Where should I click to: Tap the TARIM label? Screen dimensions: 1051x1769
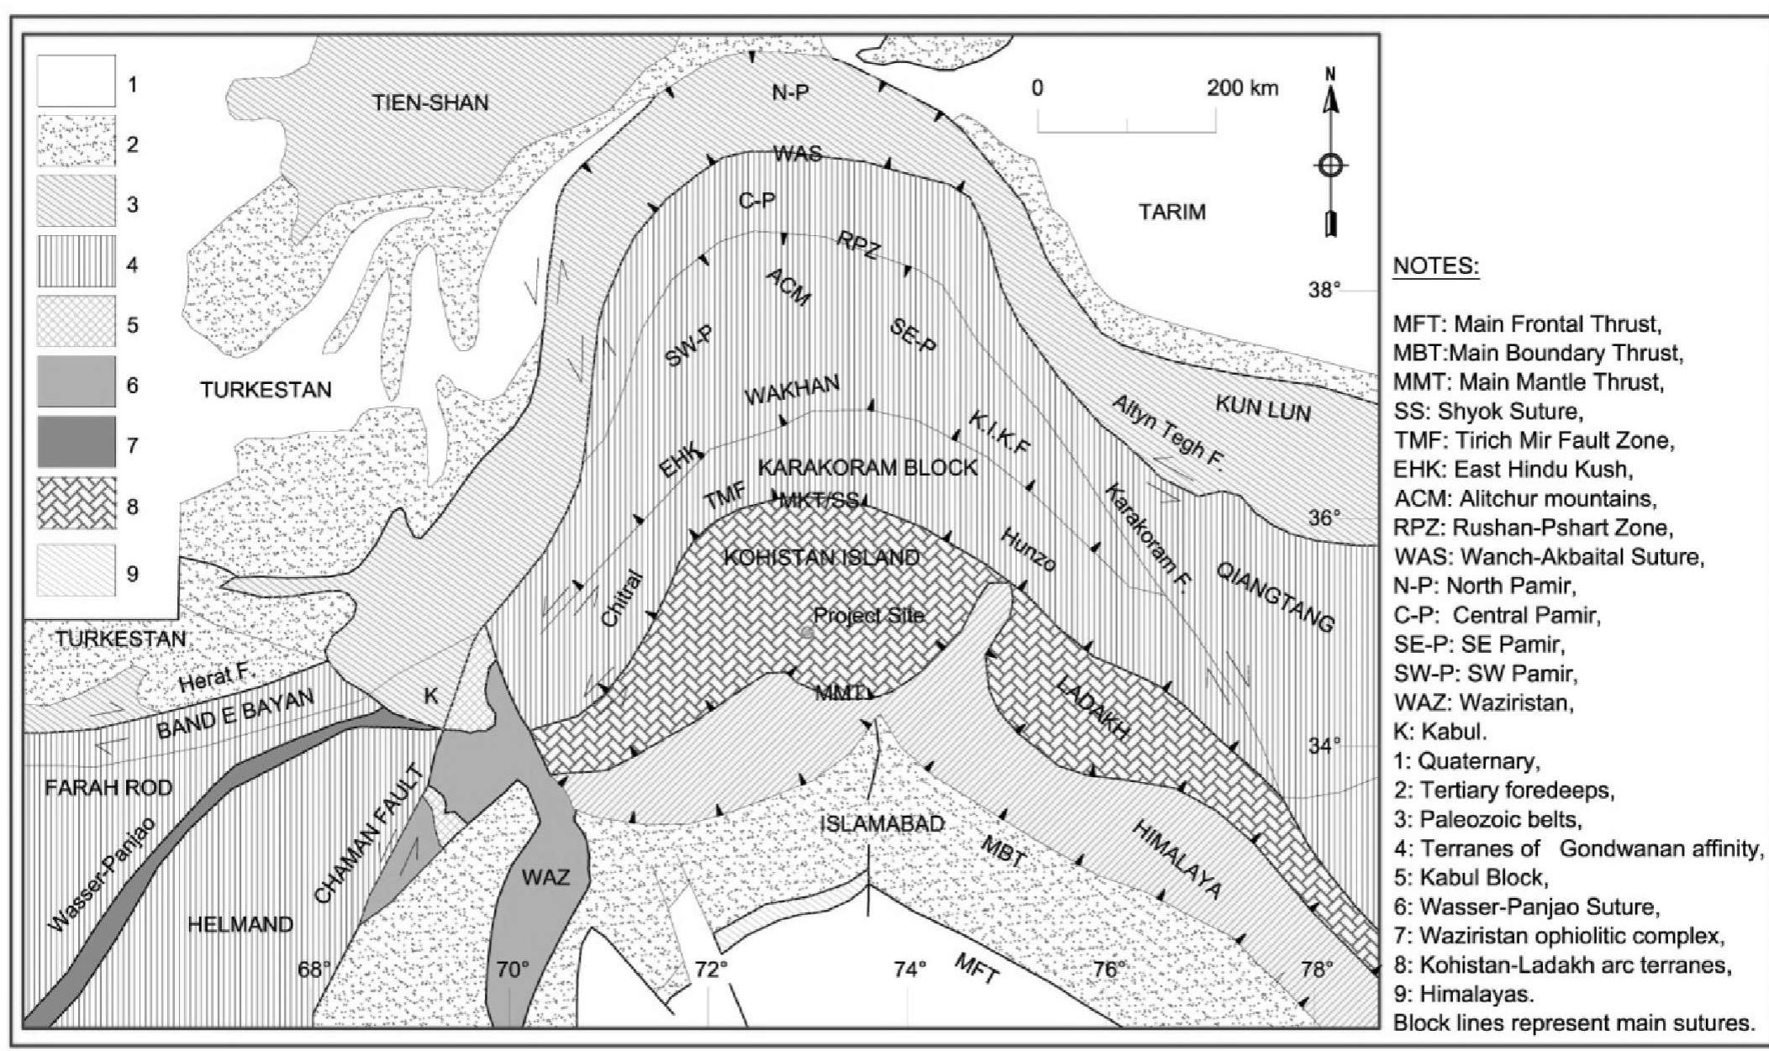click(1171, 212)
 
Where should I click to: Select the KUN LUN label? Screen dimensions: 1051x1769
click(1263, 408)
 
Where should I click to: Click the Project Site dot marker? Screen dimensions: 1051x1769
click(807, 632)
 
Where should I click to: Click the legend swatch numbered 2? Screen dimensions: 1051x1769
click(76, 144)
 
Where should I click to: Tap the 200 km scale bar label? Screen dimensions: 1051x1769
click(1243, 89)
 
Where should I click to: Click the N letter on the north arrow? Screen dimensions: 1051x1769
click(1329, 73)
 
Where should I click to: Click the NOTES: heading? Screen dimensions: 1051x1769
click(1436, 267)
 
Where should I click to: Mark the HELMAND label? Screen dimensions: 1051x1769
click(240, 925)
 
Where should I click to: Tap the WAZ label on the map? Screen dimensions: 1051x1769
click(546, 878)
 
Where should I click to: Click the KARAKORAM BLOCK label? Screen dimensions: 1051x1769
click(867, 467)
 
